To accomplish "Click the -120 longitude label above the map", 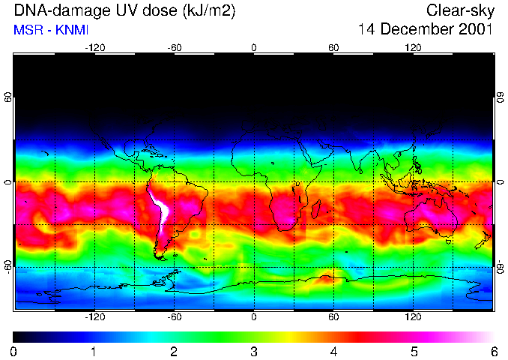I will [x=94, y=48].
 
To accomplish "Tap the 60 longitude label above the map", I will [x=333, y=48].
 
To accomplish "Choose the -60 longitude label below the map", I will [x=174, y=317].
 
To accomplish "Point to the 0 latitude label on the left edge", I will [x=8, y=182].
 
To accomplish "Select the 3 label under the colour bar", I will [x=253, y=351].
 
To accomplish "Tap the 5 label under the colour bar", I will [x=414, y=351].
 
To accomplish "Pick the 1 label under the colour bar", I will [x=94, y=351].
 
